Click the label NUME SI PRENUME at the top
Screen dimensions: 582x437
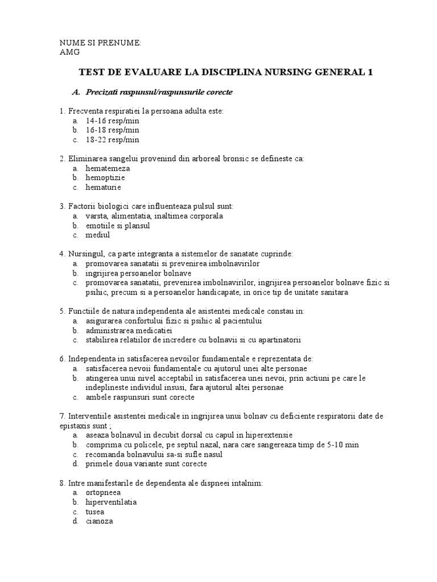101,43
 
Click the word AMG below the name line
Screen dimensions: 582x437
69,52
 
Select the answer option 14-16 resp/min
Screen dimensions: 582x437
112,121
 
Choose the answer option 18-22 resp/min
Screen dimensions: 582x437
112,139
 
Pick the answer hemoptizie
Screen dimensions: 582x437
105,177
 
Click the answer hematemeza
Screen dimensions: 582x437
108,168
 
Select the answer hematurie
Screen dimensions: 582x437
103,187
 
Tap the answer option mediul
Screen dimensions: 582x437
97,234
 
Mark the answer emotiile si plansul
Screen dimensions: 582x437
118,225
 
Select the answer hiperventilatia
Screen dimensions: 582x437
111,502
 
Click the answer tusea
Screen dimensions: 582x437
95,512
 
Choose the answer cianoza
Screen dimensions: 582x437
100,521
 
